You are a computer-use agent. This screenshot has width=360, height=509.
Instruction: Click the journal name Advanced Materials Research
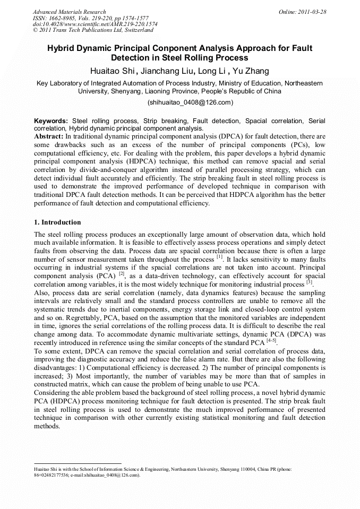click(69, 12)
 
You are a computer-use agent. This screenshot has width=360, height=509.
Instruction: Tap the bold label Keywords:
click(51, 121)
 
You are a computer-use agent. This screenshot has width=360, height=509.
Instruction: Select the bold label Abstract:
click(49, 136)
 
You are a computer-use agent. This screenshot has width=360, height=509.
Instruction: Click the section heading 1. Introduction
click(57, 222)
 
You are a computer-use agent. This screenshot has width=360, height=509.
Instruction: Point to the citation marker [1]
click(219, 257)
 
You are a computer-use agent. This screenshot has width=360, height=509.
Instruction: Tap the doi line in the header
click(95, 24)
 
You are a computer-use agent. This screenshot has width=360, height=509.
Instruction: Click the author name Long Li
click(212, 71)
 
